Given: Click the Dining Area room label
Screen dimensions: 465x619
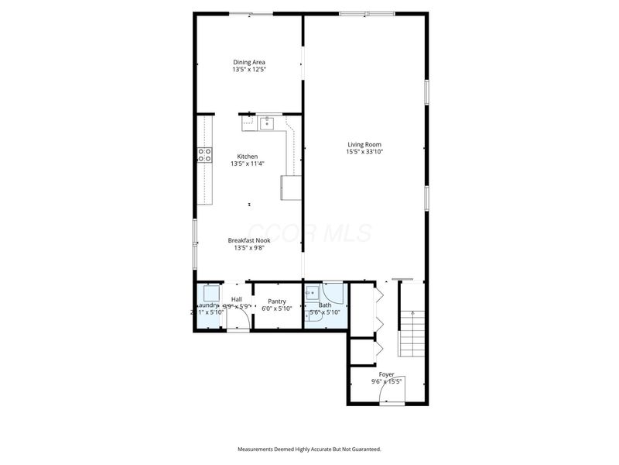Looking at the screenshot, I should point(248,62).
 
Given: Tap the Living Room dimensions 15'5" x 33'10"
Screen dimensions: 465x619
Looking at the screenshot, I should point(364,152).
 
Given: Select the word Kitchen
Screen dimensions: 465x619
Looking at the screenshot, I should point(248,157).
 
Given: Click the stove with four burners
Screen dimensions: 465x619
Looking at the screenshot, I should point(204,155).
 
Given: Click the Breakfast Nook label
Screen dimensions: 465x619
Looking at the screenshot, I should point(248,240).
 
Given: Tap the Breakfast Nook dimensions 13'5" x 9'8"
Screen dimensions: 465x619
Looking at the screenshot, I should point(248,248).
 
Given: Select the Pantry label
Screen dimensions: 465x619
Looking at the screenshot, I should point(277,301).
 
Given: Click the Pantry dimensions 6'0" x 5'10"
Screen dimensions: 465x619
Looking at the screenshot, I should point(277,308).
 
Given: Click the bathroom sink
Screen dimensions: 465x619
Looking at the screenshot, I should point(311,293).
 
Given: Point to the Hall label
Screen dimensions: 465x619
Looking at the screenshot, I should point(237,299).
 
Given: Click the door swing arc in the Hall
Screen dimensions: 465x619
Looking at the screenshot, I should point(238,322).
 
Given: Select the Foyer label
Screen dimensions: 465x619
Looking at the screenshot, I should point(386,374).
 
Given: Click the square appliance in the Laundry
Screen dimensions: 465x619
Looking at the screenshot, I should point(211,294).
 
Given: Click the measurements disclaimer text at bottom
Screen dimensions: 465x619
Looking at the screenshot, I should point(309,449).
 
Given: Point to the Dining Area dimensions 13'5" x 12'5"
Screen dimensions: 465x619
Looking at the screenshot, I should point(248,70).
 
